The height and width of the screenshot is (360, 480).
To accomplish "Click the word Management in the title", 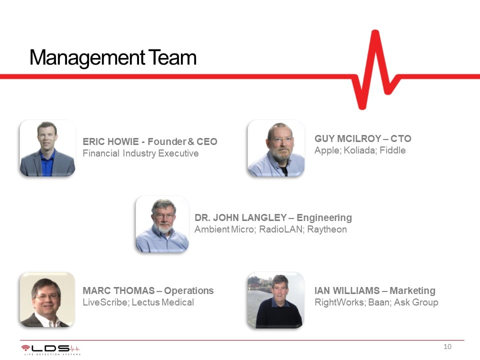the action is (x=87, y=58).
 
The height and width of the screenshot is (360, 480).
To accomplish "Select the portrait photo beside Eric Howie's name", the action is (x=47, y=148).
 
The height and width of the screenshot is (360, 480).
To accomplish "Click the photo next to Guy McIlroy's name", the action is (x=276, y=148).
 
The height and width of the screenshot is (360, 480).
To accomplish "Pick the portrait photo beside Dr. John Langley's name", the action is (x=162, y=224).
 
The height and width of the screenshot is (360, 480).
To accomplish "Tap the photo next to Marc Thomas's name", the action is (x=47, y=299).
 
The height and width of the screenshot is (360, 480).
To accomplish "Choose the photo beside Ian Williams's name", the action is (x=276, y=300).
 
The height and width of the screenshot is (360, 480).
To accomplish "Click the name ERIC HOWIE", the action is (x=111, y=141).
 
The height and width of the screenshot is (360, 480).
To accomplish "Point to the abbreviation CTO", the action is (x=400, y=138).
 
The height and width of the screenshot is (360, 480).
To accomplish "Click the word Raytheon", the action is (x=327, y=229).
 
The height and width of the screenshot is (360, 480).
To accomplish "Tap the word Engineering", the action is (x=324, y=218).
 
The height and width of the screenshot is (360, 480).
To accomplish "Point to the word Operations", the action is (x=189, y=291).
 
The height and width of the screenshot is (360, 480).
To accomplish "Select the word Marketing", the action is (x=412, y=291).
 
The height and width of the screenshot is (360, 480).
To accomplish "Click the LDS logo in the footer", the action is (x=51, y=349).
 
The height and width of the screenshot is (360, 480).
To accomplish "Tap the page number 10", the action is (x=447, y=346).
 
